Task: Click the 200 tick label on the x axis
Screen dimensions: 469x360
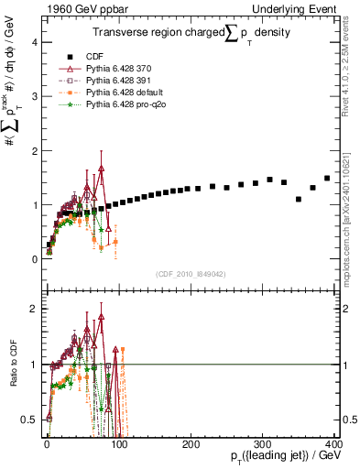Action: coord(191,442)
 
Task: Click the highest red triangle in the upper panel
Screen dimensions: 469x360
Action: coord(102,169)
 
